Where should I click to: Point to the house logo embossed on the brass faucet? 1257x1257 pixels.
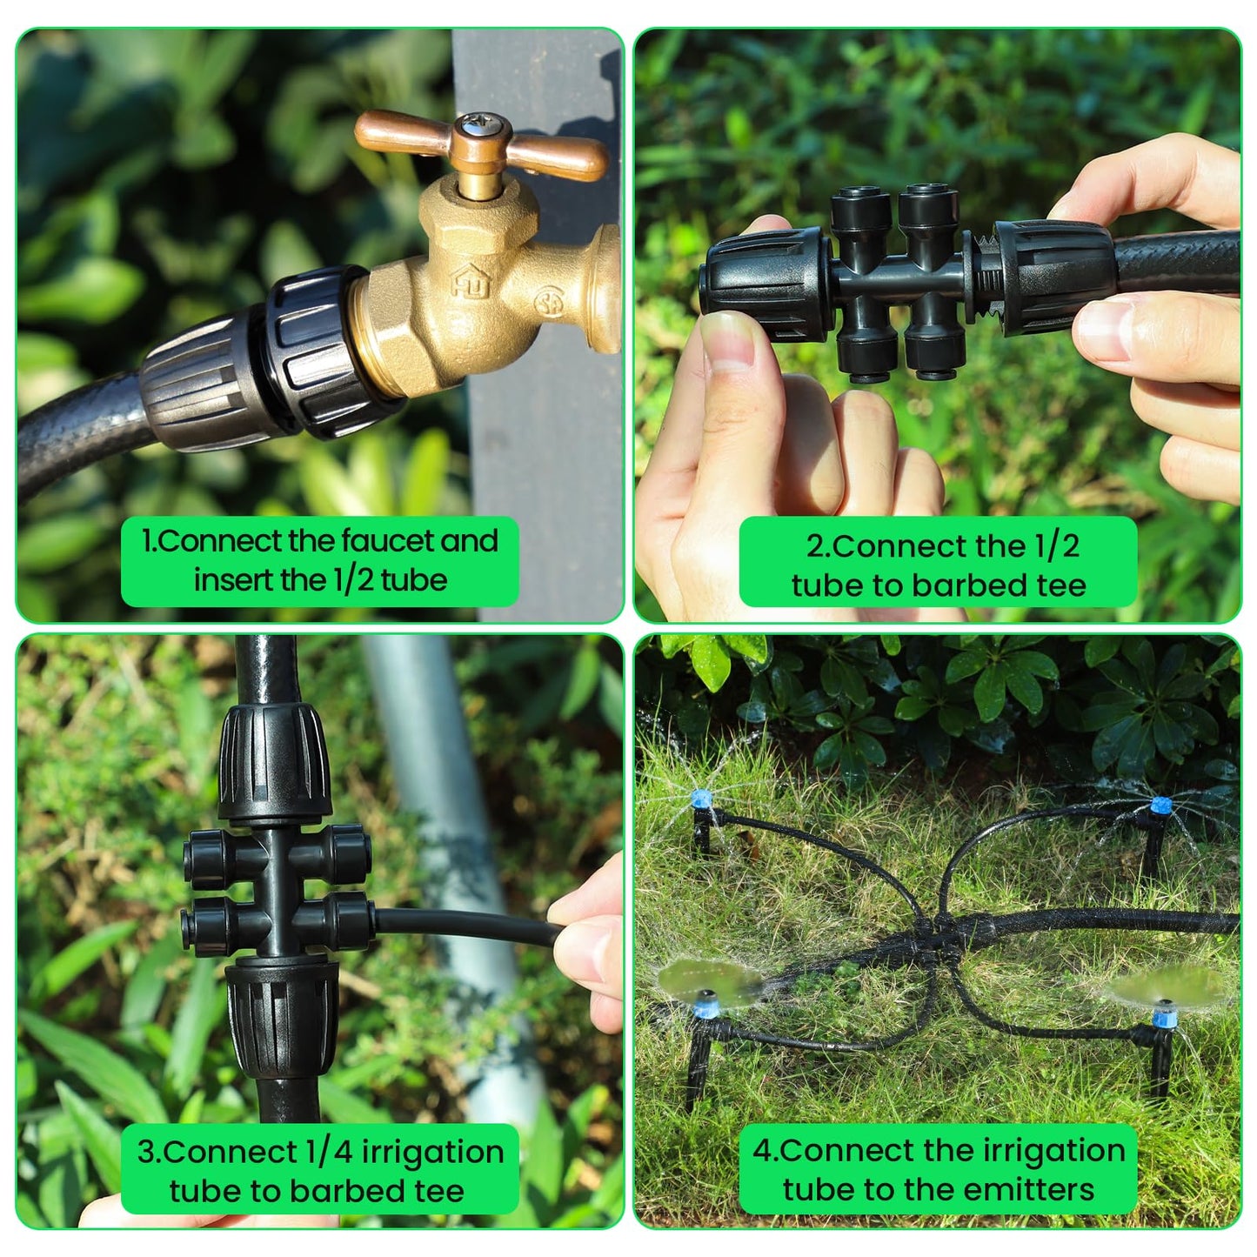471,280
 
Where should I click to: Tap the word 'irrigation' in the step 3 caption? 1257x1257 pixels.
432,1152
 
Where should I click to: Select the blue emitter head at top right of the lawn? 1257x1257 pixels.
1158,805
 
